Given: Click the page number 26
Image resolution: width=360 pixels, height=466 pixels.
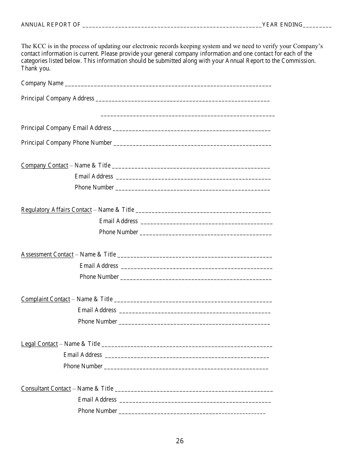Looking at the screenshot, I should (180, 441).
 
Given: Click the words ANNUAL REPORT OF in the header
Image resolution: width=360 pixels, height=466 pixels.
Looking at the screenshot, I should (51, 25).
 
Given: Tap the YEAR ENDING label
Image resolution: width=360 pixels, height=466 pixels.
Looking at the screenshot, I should (282, 25).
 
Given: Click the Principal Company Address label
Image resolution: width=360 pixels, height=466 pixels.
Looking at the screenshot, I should (58, 99).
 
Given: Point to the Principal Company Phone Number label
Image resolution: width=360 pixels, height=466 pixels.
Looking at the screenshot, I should (67, 143).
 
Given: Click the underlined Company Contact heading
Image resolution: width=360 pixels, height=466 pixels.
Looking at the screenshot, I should (45, 166).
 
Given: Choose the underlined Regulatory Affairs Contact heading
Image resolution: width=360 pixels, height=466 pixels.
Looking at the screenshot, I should (56, 210).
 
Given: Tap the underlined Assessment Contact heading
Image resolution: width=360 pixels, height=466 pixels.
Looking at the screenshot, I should (47, 255).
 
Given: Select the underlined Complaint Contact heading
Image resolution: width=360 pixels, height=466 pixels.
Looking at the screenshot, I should (46, 299).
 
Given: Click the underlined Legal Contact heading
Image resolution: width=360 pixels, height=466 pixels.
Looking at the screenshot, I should (39, 344).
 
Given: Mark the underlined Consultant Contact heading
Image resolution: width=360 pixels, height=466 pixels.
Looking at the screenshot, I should (46, 389).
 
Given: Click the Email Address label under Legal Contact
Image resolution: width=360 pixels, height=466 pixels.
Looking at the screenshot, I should (83, 355).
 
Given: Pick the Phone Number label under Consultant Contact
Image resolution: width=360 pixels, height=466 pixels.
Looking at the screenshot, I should (97, 411).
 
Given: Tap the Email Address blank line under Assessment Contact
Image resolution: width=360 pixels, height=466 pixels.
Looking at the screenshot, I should (196, 267).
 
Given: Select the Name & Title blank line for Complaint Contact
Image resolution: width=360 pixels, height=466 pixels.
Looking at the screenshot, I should (193, 300).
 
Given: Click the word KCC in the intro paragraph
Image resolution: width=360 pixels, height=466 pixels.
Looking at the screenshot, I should (39, 46).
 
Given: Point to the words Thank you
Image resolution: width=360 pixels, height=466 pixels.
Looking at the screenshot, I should (36, 69).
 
